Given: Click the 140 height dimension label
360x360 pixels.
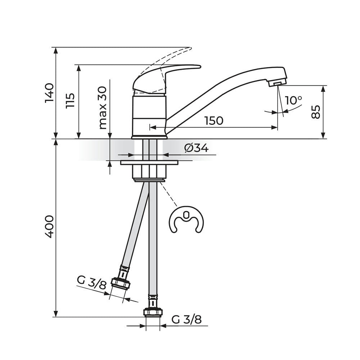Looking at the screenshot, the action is tap(49, 93).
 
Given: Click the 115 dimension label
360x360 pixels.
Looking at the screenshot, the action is tap(70, 101).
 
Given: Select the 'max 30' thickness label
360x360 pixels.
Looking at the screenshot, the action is tap(103, 108).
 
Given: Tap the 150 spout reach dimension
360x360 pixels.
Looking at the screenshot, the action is tap(214, 121).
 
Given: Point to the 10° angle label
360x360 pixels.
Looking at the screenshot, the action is tap(293, 100).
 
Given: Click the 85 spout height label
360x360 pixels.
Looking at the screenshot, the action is tap(316, 112).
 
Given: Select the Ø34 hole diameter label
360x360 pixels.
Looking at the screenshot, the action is tap(196, 148).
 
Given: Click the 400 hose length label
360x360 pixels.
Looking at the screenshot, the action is tap(49, 226).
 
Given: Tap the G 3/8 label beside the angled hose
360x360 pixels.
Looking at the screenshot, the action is tap(91, 282).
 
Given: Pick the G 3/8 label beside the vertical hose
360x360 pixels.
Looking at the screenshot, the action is tap(186, 319).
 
